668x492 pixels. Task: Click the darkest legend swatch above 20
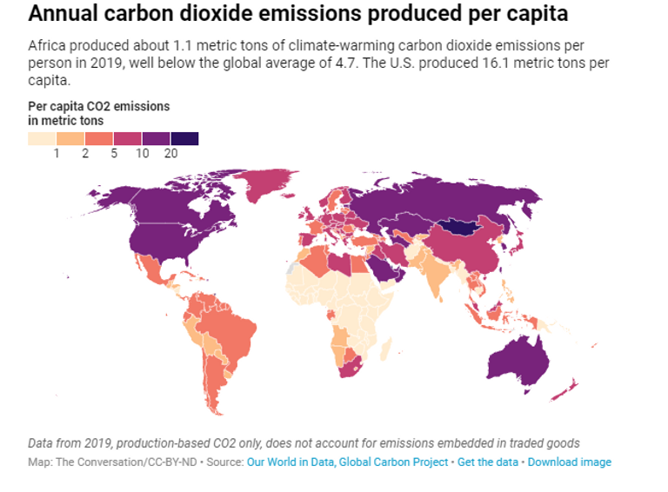coord(184,138)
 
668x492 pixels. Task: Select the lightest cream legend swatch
coord(42,138)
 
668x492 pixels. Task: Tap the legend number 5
coord(114,153)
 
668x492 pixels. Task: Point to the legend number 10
coord(142,153)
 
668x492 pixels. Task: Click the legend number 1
coord(57,153)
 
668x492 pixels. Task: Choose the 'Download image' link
coord(569,462)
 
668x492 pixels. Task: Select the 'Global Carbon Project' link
coord(398,462)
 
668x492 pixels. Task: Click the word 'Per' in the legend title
coord(37,106)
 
